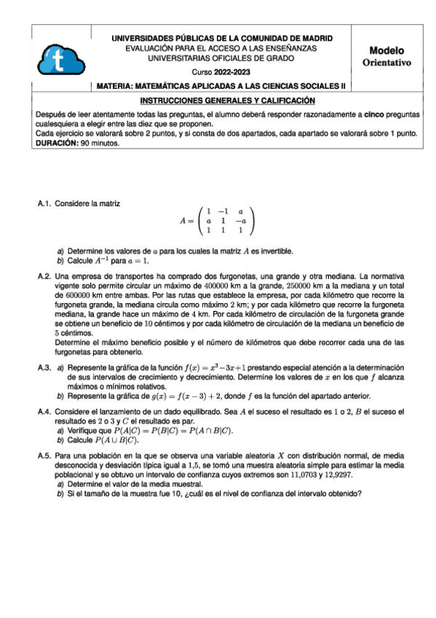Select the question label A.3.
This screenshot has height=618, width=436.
44,368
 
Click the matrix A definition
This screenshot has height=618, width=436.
218,220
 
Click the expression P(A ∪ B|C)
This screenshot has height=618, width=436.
117,441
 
